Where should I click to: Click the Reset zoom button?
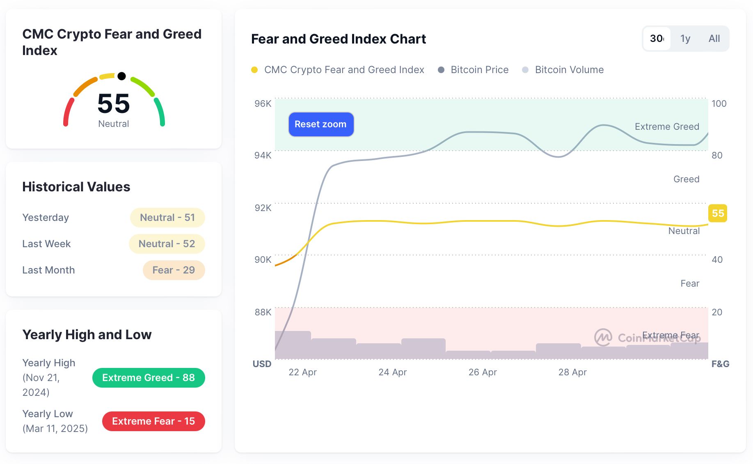pos(321,124)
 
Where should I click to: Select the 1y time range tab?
pos(685,39)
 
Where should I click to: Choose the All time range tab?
pos(714,39)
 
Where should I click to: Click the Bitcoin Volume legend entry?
pos(563,70)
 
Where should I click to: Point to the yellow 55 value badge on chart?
pos(718,214)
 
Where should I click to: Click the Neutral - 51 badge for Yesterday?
pos(167,218)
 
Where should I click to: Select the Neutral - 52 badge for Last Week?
pos(167,244)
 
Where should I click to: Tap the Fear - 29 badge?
pos(174,270)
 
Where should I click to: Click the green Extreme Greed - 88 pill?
pos(149,378)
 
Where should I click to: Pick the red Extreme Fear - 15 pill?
pos(153,421)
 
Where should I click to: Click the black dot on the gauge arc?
pos(121,76)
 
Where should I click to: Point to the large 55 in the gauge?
pos(114,103)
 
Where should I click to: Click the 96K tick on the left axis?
pos(263,103)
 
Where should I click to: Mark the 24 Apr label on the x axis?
pos(392,372)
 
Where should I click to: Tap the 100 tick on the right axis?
pos(719,103)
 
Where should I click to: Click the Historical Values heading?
pos(76,187)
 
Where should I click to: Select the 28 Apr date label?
pos(572,372)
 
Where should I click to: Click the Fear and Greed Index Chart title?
pos(339,39)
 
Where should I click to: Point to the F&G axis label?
pos(720,364)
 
